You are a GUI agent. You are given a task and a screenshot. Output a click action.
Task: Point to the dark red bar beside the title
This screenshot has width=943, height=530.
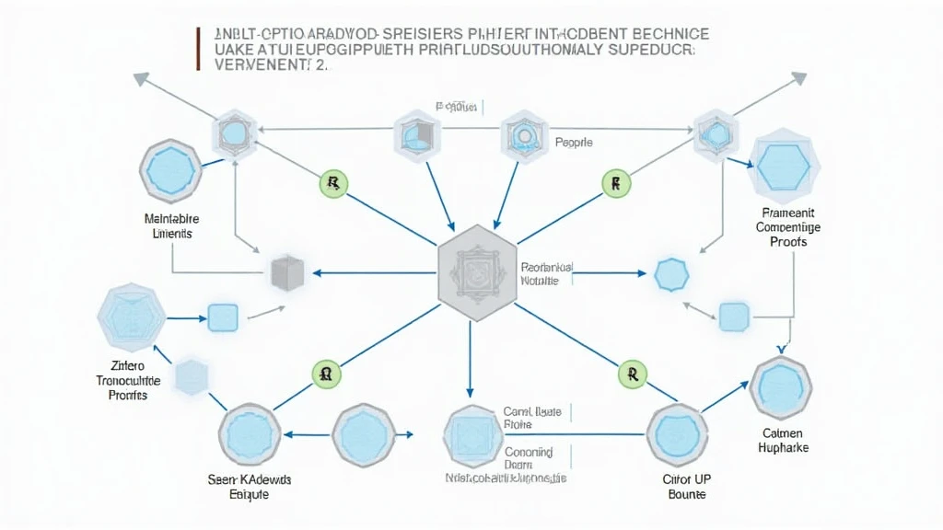coord(198,49)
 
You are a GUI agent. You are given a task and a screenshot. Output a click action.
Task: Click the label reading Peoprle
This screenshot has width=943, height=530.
coord(574,143)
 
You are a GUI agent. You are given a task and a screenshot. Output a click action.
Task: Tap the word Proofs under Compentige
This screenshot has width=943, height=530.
coord(788,241)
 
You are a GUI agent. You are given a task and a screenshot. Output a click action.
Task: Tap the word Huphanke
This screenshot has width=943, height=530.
coord(785,448)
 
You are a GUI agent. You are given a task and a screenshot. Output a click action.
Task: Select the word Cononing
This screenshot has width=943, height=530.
coord(529,452)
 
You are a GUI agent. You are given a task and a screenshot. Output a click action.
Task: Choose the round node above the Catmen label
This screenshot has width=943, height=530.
coord(781,386)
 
